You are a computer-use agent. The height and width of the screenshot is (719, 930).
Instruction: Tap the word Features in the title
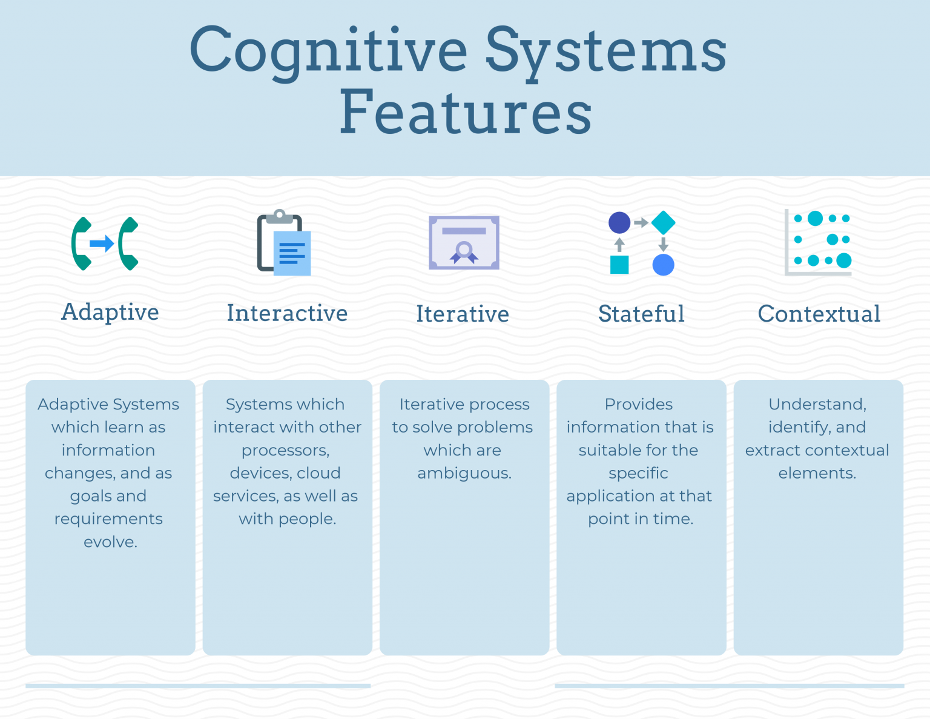point(466,111)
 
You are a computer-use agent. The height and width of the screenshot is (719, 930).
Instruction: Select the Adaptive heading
point(110,312)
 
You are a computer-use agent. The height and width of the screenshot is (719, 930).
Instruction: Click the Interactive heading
point(287,313)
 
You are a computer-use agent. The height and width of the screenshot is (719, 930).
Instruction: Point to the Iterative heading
point(463,314)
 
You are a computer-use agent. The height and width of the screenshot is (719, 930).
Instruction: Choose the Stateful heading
point(641,313)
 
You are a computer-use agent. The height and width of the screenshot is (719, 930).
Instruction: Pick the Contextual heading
point(819,314)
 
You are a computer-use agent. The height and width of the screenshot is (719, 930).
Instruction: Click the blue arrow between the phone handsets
point(102,244)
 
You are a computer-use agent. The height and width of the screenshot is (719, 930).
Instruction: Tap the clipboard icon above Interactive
point(284,242)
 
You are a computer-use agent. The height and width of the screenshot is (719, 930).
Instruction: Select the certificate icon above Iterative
point(464,243)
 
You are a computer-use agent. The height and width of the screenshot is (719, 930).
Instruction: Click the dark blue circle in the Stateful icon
point(619,222)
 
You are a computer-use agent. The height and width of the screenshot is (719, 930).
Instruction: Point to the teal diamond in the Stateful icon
point(664,222)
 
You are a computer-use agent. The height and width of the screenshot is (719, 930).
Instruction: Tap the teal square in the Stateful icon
point(619,265)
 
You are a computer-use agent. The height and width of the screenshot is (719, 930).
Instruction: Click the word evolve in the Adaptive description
point(110,542)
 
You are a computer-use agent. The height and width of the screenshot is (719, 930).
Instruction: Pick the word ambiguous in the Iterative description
point(464,474)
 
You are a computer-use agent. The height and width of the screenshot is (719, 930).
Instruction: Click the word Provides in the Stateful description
point(639,405)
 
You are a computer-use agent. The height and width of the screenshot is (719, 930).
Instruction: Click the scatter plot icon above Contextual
point(818,242)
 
